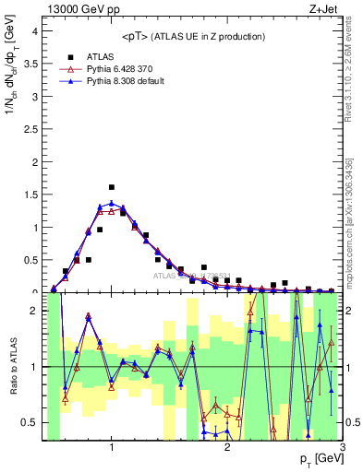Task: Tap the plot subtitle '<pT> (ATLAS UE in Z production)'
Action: pyautogui.click(x=193, y=36)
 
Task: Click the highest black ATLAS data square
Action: pyautogui.click(x=112, y=187)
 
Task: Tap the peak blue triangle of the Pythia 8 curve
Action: pyautogui.click(x=112, y=203)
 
